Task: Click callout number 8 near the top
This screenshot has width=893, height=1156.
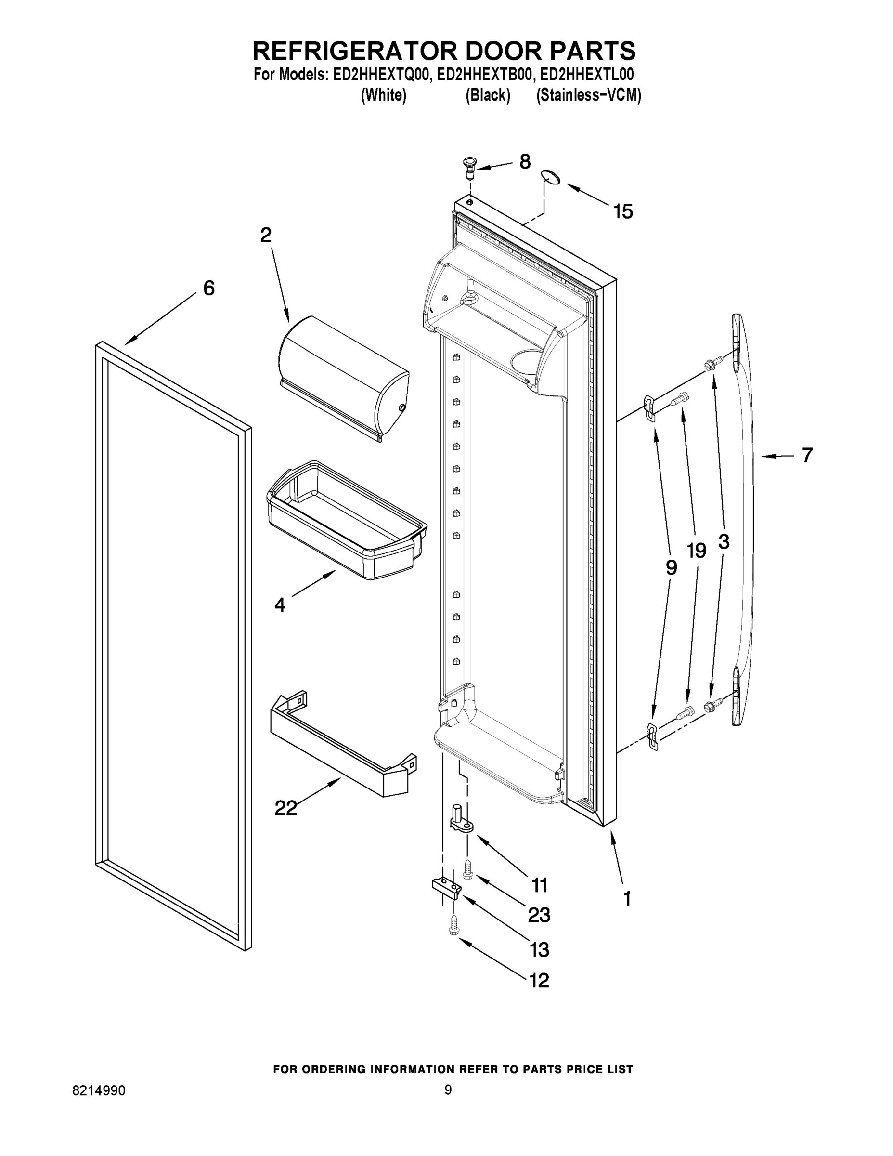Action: (525, 162)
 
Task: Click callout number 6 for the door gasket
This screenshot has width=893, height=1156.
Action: (209, 289)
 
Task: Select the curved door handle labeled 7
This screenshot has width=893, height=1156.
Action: (743, 519)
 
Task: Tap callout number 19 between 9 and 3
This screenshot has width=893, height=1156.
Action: (696, 551)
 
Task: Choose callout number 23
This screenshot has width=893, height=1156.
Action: (539, 915)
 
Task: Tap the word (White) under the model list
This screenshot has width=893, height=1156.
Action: (384, 96)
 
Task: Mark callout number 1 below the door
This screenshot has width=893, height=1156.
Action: (627, 899)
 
